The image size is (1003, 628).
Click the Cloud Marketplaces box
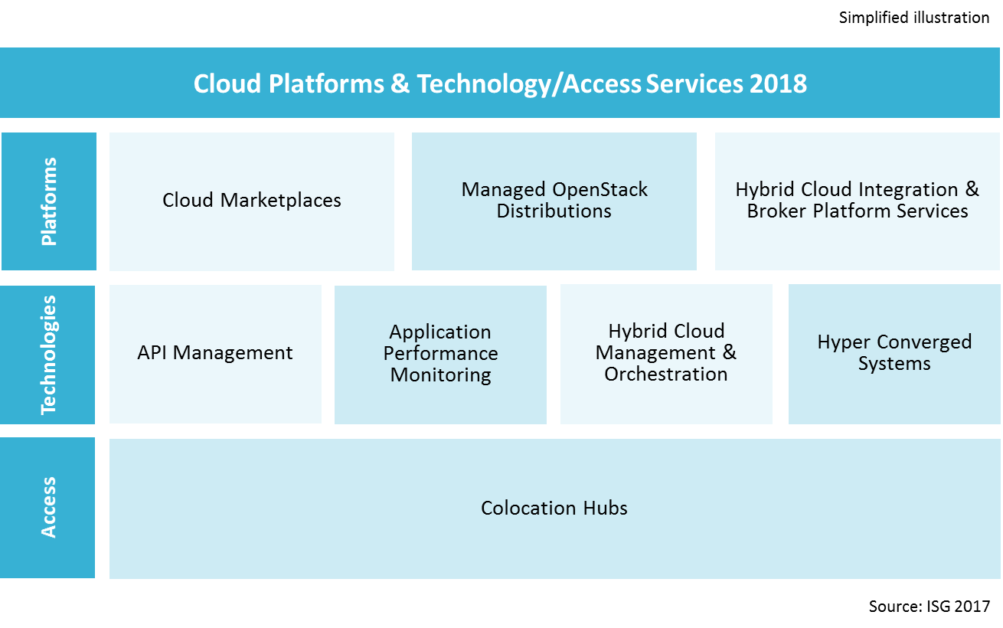[252, 201]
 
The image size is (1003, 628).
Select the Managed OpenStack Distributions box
[554, 201]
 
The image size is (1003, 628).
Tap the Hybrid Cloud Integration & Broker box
[857, 201]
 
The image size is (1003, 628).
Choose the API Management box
[215, 354]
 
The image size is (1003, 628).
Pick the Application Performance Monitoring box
[440, 354]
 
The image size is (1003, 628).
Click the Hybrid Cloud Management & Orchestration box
[666, 354]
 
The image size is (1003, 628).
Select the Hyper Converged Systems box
[894, 354]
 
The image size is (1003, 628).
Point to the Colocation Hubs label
[554, 509]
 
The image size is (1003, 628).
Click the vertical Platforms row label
[49, 201]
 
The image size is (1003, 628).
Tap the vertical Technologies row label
[49, 355]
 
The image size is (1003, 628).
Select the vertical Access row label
[49, 508]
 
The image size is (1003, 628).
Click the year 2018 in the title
[778, 83]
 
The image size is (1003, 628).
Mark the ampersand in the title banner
[400, 83]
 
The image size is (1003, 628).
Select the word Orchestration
[666, 375]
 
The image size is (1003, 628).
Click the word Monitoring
[440, 375]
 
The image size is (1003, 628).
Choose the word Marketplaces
[281, 201]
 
